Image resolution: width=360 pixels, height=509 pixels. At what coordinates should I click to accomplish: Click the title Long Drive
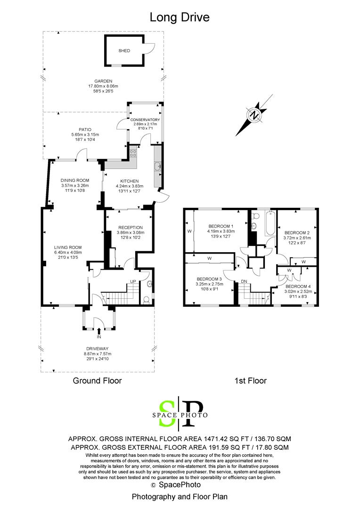pos(179,17)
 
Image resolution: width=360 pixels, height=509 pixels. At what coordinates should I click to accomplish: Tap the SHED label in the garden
pos(124,51)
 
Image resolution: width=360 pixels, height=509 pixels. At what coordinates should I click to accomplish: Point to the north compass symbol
pos(254,115)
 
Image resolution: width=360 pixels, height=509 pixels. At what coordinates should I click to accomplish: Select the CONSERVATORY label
pos(145,120)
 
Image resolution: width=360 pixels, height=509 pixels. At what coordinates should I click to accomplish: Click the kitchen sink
pos(157,166)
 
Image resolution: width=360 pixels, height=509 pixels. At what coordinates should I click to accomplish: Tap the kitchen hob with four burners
pos(133,153)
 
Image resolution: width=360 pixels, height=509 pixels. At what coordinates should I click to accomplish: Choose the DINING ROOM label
pos(75,180)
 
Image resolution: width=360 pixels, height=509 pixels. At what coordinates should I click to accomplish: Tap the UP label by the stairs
pos(133,281)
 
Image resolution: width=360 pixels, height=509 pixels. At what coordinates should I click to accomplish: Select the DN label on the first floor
pos(244,281)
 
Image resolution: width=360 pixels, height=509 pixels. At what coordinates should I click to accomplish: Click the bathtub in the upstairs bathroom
pos(270,224)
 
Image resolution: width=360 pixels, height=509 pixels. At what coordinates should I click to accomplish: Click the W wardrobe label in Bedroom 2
pos(303,262)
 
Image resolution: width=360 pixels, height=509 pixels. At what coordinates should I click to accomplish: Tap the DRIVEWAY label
pos(98,348)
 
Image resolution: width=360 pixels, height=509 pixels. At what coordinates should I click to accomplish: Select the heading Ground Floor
pos(97,380)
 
